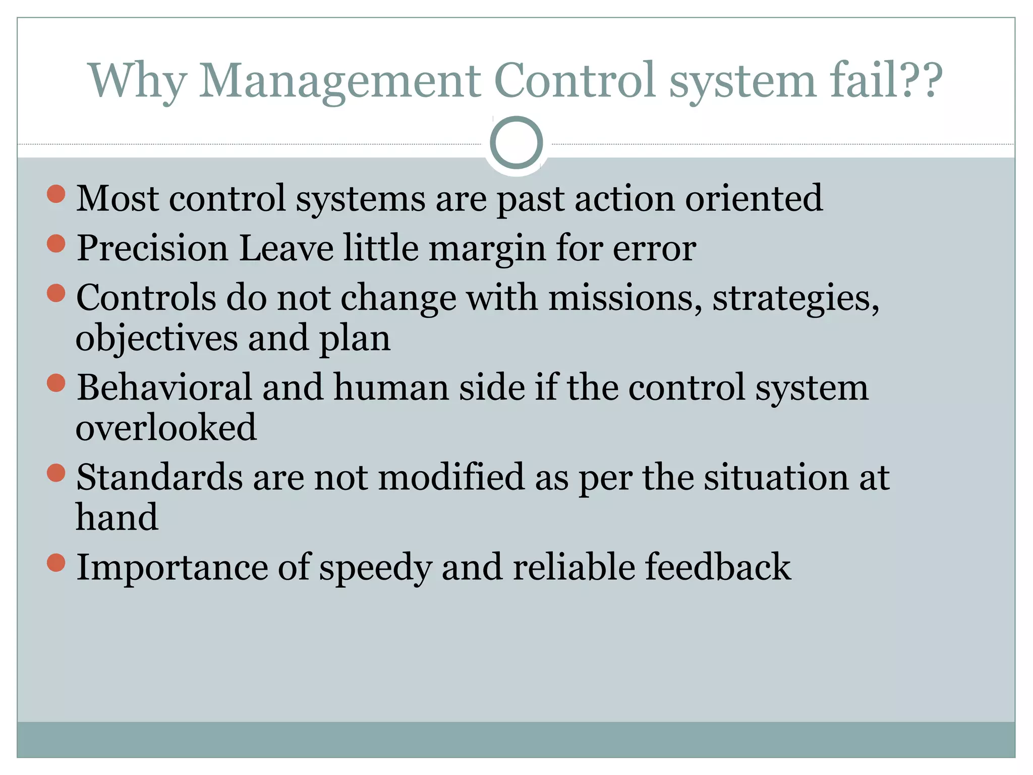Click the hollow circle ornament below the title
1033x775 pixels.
[x=516, y=142]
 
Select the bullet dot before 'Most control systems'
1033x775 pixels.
[x=56, y=194]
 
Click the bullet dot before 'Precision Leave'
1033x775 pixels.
[x=56, y=244]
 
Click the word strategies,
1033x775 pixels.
[x=795, y=298]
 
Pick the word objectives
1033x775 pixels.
[x=156, y=338]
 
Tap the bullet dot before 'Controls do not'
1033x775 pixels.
[x=56, y=293]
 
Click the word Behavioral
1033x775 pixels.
[x=164, y=387]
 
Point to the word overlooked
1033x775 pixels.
[x=166, y=427]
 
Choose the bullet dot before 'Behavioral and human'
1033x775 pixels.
[x=56, y=383]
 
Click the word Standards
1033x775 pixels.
[x=159, y=477]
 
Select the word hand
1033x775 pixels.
[x=117, y=517]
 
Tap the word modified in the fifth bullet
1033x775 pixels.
[x=451, y=477]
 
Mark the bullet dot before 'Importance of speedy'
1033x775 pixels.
[x=56, y=563]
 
